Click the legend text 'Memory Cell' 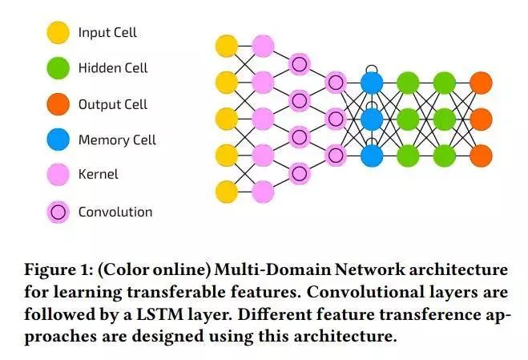117,140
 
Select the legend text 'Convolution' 115,212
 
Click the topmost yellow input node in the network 227,45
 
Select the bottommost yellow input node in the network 227,192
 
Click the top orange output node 481,82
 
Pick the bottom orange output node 481,155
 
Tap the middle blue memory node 372,119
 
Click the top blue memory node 372,82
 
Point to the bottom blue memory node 372,155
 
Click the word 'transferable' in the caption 159,290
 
